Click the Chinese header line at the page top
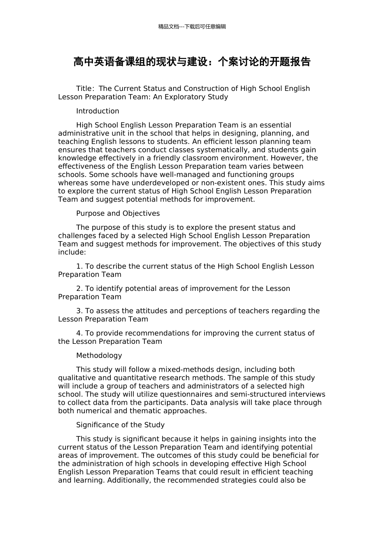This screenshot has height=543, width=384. tap(192, 27)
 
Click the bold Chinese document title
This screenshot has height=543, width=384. tap(192, 62)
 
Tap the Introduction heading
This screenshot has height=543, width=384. tap(97, 111)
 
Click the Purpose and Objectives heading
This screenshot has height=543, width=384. tap(118, 213)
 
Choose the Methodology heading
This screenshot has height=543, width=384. tap(99, 356)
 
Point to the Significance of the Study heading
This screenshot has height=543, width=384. tap(120, 425)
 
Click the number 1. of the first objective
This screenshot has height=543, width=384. tap(79, 266)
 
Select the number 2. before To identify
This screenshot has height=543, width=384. tap(79, 288)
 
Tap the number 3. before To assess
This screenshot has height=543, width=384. tap(79, 311)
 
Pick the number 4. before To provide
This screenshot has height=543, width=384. tap(79, 333)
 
